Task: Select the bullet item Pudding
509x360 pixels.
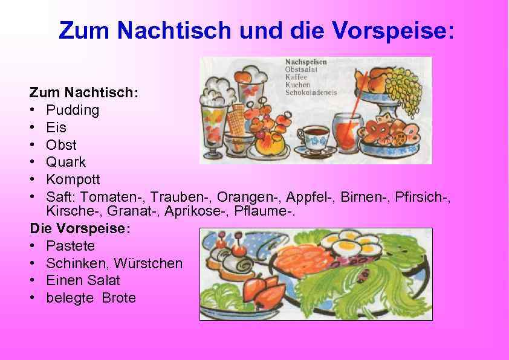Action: tap(73, 111)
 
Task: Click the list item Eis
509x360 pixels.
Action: tap(56, 128)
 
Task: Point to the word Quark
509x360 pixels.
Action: tap(66, 162)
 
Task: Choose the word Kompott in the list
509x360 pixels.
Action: tap(73, 180)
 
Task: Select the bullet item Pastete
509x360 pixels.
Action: tap(70, 246)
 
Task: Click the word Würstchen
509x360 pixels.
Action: tap(153, 263)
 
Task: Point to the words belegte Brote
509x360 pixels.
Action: tap(91, 298)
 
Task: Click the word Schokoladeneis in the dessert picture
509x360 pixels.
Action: tap(311, 92)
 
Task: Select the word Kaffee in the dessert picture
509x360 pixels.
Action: tap(297, 77)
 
